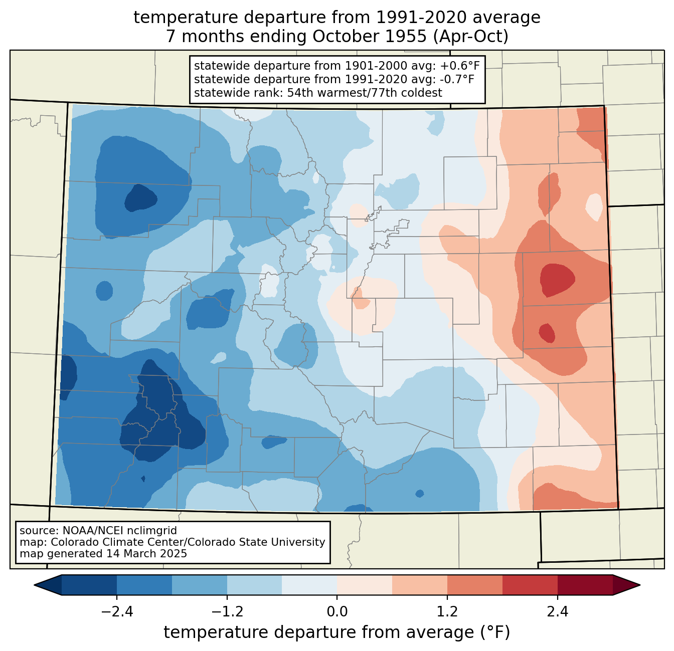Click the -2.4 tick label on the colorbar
pos(117,612)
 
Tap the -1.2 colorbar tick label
pos(227,612)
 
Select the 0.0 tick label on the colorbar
pos(337,612)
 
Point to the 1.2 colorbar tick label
pos(447,612)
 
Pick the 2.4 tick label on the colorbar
pos(558,612)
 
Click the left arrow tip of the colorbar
pos(34,585)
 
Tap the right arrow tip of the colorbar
pos(640,585)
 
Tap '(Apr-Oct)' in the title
pos(470,37)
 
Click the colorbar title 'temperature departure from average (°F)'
pos(336,632)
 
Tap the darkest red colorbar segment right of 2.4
pos(585,585)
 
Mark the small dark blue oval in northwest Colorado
pos(140,198)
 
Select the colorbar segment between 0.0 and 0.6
pos(365,585)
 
